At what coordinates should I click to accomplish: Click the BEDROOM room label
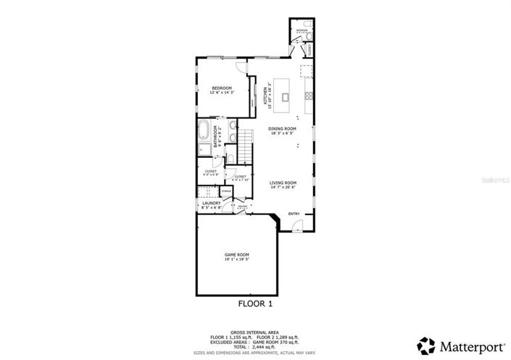(222, 88)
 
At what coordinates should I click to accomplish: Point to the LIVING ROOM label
(283, 183)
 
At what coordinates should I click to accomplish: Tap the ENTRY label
(294, 214)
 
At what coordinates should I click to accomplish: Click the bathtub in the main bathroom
(204, 133)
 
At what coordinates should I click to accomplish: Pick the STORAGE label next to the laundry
(226, 191)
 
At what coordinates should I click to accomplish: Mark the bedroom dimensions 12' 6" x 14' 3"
(222, 93)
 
